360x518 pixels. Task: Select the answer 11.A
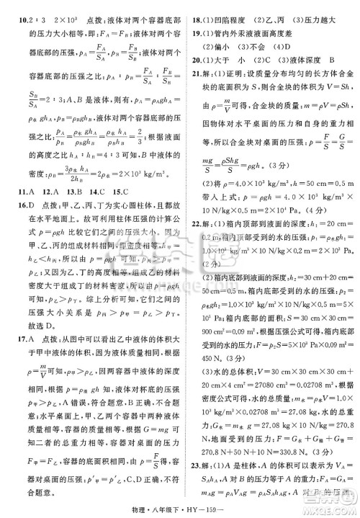19,251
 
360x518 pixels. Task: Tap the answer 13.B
73,251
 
